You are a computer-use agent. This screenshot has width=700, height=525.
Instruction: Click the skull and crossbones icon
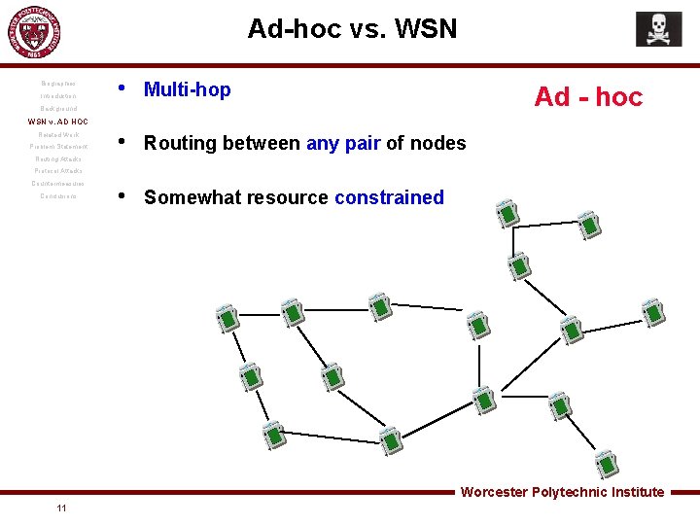coord(658,29)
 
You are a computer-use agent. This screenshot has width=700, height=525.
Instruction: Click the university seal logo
coord(33,33)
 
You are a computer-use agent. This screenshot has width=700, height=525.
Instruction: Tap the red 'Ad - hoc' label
coord(588,97)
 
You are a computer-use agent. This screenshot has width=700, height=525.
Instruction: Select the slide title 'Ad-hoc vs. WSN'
coord(352,29)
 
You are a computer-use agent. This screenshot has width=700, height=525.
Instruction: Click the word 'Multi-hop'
coord(188,90)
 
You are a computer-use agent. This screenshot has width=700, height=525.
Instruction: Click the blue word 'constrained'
coord(389,198)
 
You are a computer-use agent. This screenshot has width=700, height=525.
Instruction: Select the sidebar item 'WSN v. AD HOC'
coord(57,122)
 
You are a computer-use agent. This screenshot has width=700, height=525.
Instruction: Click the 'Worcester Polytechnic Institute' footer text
coord(562,492)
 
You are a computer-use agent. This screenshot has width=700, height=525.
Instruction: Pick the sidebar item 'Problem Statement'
coord(58,147)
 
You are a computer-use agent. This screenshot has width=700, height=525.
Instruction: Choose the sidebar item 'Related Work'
coord(58,134)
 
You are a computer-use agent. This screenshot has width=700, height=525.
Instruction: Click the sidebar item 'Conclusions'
coord(58,196)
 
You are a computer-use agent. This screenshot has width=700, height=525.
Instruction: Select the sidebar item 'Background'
coord(58,109)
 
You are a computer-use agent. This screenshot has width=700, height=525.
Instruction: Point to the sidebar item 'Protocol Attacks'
coord(58,171)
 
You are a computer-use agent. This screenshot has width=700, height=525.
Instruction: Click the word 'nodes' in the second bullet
coord(438,144)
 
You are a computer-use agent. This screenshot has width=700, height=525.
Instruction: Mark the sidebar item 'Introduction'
coord(58,96)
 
